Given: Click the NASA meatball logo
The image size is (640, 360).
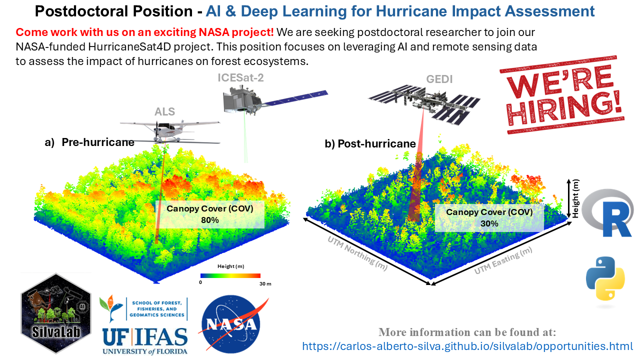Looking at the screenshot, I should [231, 325].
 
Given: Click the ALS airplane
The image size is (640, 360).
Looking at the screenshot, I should [169, 129].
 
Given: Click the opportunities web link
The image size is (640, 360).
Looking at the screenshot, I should [467, 346].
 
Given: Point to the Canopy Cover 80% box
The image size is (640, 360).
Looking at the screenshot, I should [210, 214].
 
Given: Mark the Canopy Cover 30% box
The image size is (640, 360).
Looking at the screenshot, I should [489, 217].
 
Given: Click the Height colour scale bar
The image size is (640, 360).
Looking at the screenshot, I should [230, 275].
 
